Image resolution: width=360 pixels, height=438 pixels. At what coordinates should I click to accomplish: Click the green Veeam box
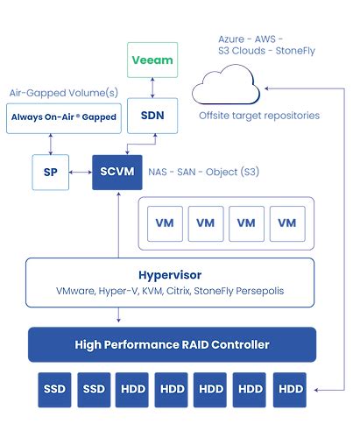[x=152, y=60]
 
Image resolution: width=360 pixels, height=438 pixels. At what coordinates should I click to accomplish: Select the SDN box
[x=152, y=116]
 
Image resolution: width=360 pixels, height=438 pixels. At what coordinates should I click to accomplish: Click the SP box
[x=50, y=172]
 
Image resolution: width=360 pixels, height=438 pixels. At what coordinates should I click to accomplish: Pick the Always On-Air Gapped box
[x=63, y=117]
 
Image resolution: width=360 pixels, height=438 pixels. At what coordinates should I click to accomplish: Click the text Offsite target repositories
[x=258, y=116]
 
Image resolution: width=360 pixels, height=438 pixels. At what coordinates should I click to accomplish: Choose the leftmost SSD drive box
[x=54, y=388]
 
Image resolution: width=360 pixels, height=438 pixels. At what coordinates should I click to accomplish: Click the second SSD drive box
[x=93, y=388]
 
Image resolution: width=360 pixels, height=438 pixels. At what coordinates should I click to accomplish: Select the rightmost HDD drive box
[x=290, y=388]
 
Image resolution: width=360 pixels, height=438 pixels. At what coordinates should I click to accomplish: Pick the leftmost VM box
[x=165, y=223]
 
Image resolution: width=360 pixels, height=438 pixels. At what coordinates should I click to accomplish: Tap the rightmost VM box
[x=286, y=223]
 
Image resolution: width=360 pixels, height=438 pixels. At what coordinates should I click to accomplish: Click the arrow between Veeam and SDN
[x=152, y=88]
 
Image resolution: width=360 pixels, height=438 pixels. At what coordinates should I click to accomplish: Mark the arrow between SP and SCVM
[x=80, y=172]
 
